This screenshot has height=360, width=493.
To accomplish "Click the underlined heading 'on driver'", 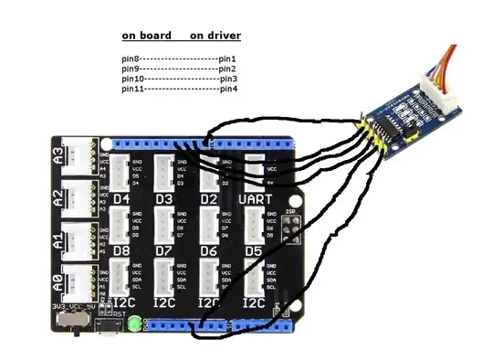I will (215, 37).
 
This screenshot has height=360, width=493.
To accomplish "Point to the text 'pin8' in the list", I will (131, 59).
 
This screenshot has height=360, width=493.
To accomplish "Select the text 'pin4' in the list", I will (228, 89).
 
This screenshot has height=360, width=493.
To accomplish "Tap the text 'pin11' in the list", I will (132, 89).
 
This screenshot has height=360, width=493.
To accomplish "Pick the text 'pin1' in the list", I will (228, 59).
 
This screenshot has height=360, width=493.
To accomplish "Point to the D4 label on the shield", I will (121, 198).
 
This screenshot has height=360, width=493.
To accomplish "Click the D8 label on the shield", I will (121, 249).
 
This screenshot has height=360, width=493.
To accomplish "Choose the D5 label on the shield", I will (254, 249).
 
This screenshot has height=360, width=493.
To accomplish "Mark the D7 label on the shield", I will (165, 249).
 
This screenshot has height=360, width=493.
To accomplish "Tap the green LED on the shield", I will (134, 323).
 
